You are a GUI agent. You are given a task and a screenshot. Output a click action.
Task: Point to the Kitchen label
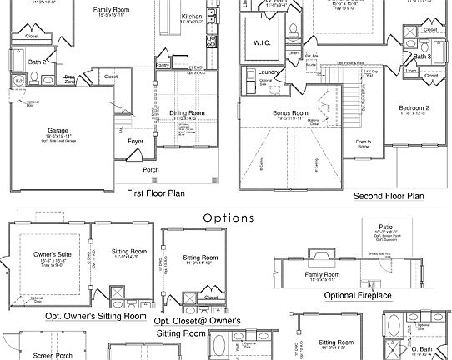pos(192,17)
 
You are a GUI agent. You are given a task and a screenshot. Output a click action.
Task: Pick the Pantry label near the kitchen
pos(163,64)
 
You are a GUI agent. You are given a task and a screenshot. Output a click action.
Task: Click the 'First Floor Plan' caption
pos(156,193)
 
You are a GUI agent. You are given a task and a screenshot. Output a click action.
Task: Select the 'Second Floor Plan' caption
pos(389,196)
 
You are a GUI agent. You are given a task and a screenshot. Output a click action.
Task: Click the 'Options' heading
pos(228,218)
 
